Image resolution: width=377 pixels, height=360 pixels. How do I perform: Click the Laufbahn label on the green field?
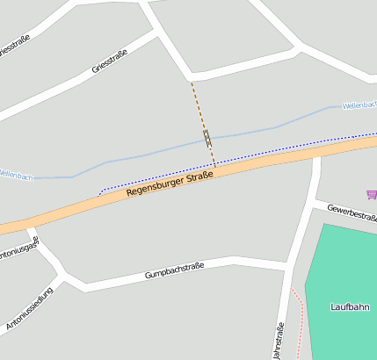click(350, 307)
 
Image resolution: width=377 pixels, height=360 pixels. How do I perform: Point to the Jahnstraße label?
click(279, 340)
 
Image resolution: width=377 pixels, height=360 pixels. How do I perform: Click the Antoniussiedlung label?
click(29, 307)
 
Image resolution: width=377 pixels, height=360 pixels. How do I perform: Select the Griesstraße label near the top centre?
click(110, 61)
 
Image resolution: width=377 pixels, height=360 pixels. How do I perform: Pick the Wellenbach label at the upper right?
click(359, 104)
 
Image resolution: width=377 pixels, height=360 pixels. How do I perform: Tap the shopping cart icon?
click(372, 194)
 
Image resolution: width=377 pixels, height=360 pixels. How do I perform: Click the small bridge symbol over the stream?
click(207, 138)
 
